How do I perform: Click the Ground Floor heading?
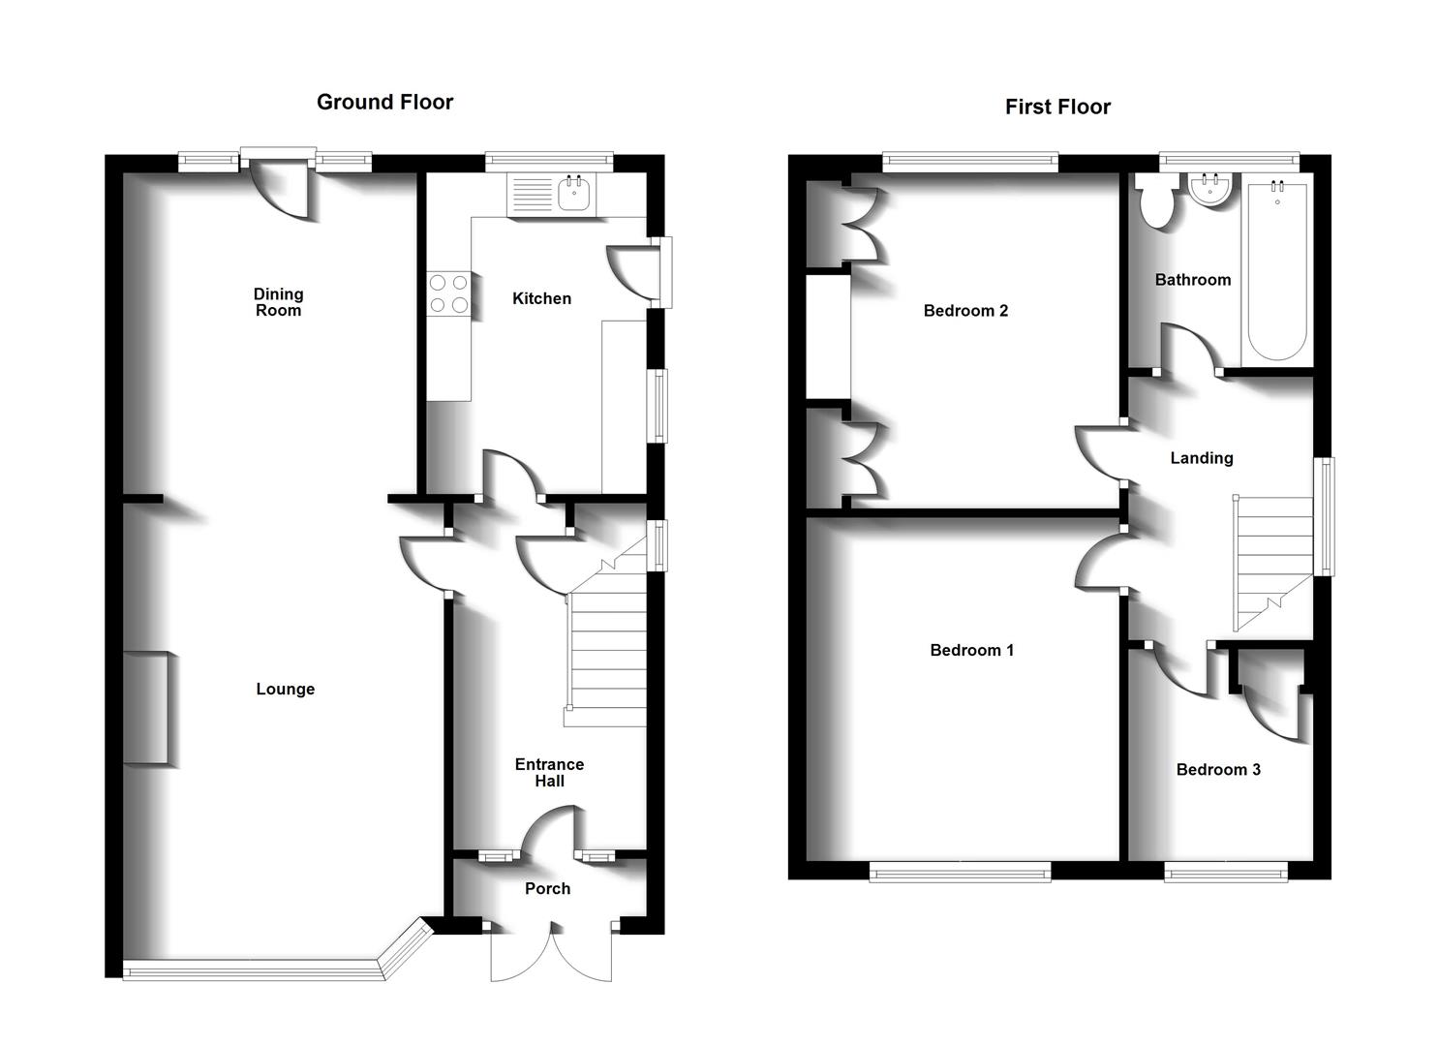click(x=384, y=102)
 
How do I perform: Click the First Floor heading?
click(x=1057, y=107)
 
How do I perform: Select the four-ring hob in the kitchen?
click(x=448, y=293)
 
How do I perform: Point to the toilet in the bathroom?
click(x=1156, y=201)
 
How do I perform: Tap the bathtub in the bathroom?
click(x=1277, y=268)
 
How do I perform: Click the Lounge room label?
click(x=285, y=689)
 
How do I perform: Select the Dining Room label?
click(x=278, y=301)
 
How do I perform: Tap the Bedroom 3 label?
click(x=1218, y=769)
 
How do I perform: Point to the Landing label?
click(x=1201, y=458)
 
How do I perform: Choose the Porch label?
click(x=547, y=888)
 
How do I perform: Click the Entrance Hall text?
click(x=549, y=772)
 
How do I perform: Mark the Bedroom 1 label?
click(x=971, y=650)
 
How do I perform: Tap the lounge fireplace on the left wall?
click(x=148, y=709)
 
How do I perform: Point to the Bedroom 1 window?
click(x=960, y=874)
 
